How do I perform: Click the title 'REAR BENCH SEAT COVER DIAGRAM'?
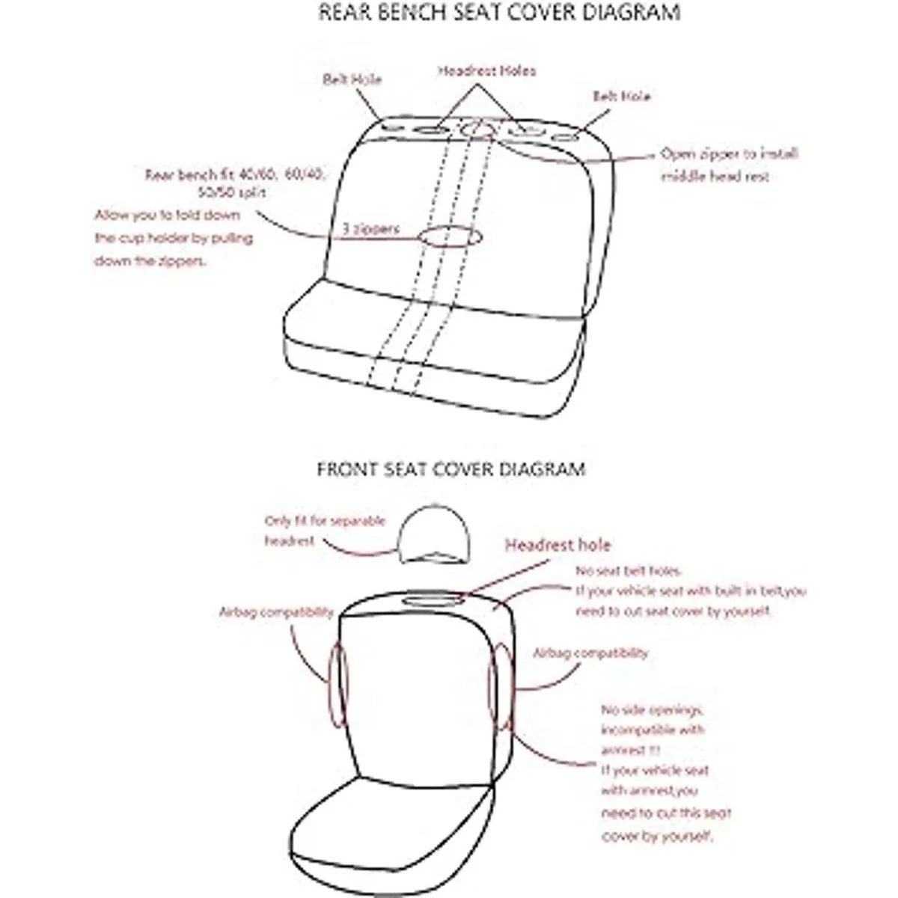click(x=499, y=13)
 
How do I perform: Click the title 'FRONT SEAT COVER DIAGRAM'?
click(x=450, y=469)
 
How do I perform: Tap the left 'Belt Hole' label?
click(x=352, y=79)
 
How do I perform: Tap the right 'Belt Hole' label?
click(x=621, y=97)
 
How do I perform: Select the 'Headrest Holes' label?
click(x=486, y=71)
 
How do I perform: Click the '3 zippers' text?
click(x=371, y=229)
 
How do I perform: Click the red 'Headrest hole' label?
click(x=558, y=546)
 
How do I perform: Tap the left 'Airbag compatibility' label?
click(x=275, y=612)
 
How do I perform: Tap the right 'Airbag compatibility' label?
click(x=590, y=653)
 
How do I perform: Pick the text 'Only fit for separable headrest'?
click(x=324, y=531)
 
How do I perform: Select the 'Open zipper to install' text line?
click(x=729, y=154)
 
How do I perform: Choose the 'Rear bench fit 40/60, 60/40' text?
click(x=235, y=176)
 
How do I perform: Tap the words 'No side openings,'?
click(x=653, y=709)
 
